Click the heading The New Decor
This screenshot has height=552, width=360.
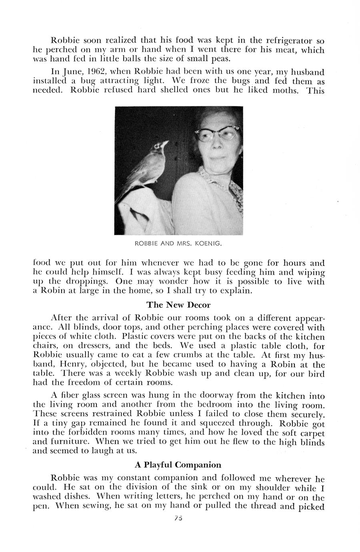[178, 305]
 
